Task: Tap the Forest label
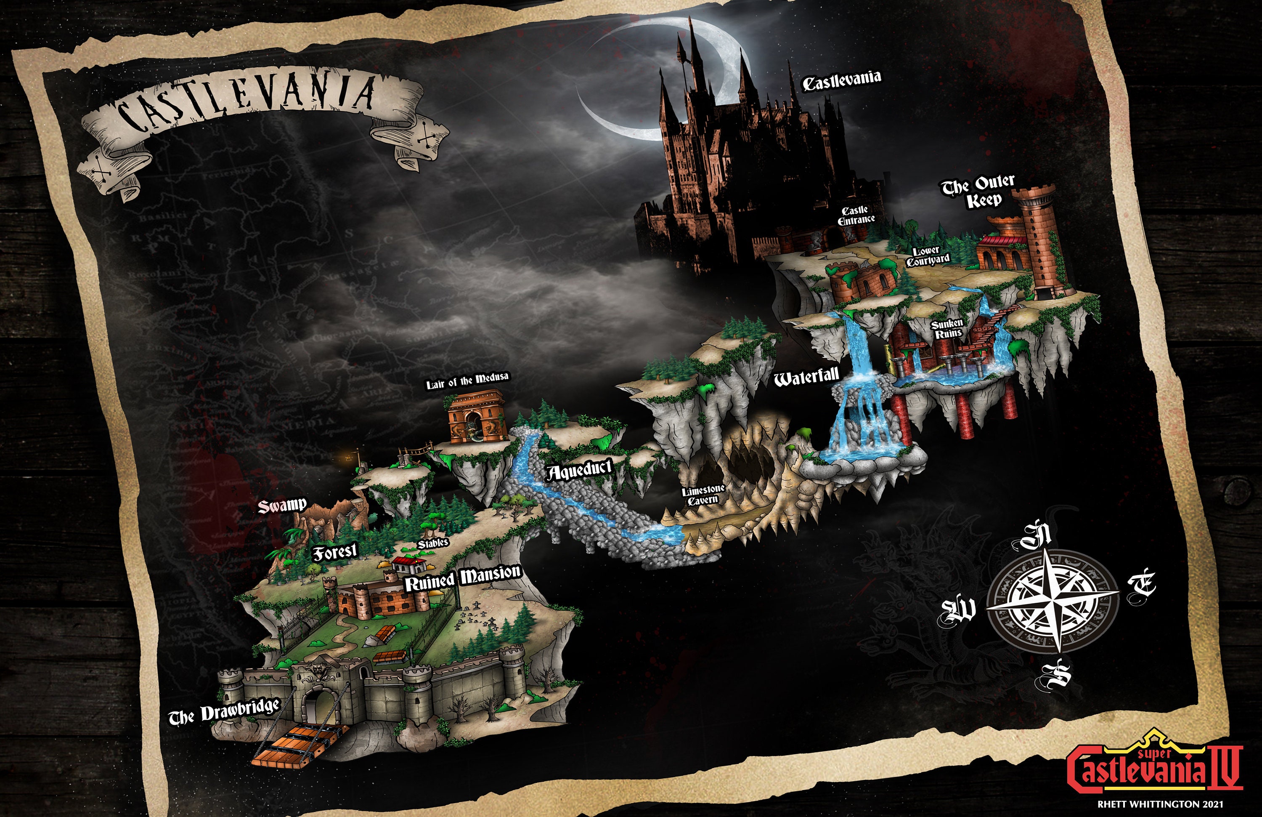point(334,552)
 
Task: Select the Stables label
point(433,543)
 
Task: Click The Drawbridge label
point(224,713)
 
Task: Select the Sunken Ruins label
point(946,329)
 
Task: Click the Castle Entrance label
point(856,216)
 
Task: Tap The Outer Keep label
point(979,191)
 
